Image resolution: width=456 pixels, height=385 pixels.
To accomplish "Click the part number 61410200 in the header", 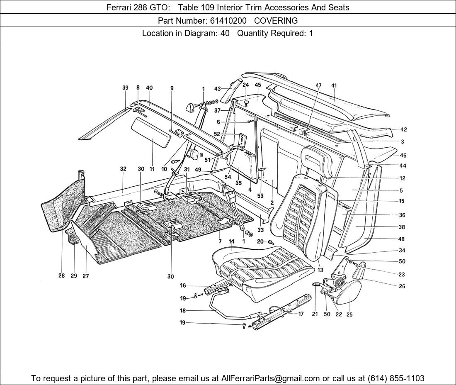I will pos(228,20).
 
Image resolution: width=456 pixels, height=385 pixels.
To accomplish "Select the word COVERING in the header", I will pos(276,20).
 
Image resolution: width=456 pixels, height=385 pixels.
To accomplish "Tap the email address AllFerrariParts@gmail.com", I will pos(271,378).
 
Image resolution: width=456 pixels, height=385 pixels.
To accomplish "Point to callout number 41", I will pos(334,86).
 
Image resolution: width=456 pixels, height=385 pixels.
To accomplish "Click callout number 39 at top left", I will pos(125,88).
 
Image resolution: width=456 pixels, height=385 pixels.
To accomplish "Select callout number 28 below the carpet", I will pos(61,276).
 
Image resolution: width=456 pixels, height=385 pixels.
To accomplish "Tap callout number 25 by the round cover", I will pos(349,314).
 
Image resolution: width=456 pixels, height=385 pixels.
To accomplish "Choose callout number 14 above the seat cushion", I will pos(231,241).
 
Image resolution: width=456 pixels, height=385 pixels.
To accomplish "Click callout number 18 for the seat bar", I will pos(182,310).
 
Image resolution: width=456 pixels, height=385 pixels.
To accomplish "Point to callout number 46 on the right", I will pos(403,156).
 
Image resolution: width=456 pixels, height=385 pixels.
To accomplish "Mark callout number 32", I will pos(123,169).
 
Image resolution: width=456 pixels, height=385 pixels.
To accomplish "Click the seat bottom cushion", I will pos(265,270).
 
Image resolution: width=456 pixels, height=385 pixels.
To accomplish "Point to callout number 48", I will pos(401,239).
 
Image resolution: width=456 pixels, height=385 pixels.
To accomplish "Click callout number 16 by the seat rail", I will pos(183,285).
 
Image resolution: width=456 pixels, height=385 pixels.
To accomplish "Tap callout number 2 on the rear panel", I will pos(272,203).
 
